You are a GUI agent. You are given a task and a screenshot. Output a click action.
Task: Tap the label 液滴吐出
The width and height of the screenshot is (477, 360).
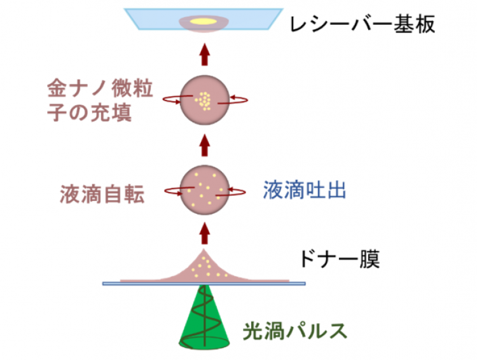tap(305, 190)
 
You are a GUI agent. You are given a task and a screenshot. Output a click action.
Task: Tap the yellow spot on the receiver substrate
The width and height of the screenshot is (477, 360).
tap(205, 21)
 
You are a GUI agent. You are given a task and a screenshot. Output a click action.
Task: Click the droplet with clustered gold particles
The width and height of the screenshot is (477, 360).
tap(204, 100)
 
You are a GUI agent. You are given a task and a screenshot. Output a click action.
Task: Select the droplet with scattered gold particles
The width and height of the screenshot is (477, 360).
tap(204, 189)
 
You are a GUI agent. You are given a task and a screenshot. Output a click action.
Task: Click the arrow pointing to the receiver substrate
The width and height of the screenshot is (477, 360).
tap(204, 55)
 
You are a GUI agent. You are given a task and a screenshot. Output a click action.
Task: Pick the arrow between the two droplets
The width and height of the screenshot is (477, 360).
tap(204, 145)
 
